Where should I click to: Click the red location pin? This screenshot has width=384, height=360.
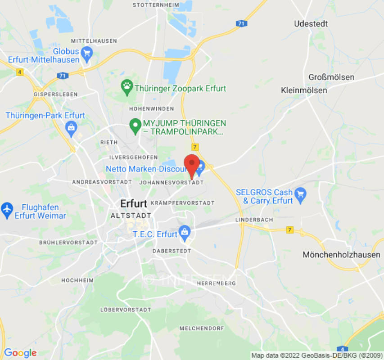pos(192,164)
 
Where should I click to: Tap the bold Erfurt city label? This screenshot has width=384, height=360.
pos(134,203)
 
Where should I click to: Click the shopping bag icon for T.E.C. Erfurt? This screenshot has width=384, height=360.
pos(184,232)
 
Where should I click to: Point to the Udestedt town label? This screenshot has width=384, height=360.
pos(311,23)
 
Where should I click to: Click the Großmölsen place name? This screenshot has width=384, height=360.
pos(331,77)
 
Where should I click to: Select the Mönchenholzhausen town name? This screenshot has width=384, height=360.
pos(341,255)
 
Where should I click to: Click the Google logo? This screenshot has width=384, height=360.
pos(20,353)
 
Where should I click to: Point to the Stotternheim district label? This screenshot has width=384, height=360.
pos(153,5)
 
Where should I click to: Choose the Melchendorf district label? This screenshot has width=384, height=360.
pos(202,328)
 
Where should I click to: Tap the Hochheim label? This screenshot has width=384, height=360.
pos(77,280)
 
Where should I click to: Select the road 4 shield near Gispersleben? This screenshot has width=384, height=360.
pos(20,72)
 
